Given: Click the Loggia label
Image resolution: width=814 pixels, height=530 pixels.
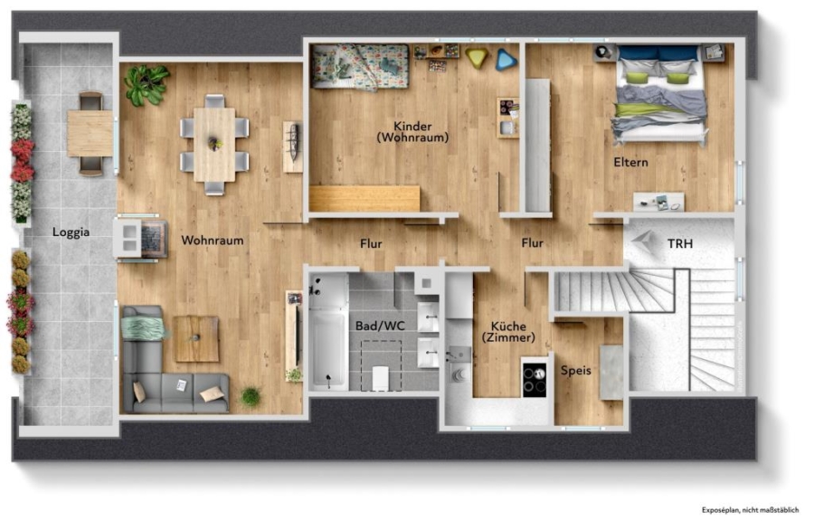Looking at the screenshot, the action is click(x=71, y=232).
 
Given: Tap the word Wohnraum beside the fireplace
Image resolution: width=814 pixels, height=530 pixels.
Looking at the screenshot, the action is click(x=213, y=241).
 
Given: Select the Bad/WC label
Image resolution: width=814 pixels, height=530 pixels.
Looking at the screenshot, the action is click(x=380, y=326).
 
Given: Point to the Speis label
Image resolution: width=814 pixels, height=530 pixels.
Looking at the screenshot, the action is click(x=576, y=371).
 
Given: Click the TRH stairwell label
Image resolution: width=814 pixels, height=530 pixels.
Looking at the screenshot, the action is click(x=680, y=243).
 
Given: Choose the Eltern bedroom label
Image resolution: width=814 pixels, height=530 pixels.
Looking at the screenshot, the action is click(x=630, y=162).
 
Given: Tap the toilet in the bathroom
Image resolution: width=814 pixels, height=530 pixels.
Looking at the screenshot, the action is click(x=381, y=377).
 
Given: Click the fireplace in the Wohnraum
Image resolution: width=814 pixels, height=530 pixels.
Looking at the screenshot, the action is click(x=141, y=239).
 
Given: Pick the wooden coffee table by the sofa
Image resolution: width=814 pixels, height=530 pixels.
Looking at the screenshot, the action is click(x=196, y=339).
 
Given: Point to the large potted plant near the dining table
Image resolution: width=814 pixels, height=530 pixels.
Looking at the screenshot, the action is click(x=146, y=83).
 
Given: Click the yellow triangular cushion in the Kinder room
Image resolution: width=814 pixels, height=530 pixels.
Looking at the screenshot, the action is click(x=477, y=57).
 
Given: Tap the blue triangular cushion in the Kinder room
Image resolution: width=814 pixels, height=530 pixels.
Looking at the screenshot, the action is click(x=505, y=60).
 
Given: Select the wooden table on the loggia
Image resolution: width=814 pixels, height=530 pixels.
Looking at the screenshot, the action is click(x=90, y=133).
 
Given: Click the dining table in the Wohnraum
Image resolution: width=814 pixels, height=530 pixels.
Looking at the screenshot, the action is click(x=214, y=145).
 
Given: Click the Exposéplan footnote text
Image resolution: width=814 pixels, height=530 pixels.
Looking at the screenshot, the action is click(x=750, y=510).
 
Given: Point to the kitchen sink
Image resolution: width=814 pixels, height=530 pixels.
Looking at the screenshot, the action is click(x=458, y=355).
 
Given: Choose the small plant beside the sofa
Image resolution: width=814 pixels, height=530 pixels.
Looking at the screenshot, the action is click(x=251, y=396).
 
